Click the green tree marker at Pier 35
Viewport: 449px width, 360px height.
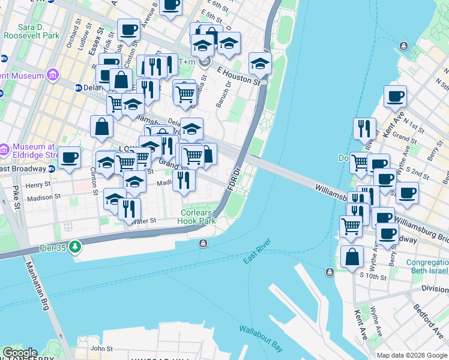click(x=74, y=247)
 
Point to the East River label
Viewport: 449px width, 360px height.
click(x=258, y=252)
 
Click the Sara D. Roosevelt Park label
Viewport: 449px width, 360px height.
click(x=38, y=32)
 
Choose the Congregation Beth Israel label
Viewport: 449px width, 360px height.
click(x=427, y=268)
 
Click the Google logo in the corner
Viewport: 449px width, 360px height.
click(x=19, y=353)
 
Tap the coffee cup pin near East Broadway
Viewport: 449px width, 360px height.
click(x=69, y=158)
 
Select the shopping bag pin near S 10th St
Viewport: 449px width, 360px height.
click(x=352, y=257)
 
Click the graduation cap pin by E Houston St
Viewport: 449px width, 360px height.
click(x=260, y=63)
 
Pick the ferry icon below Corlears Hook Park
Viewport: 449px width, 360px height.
click(x=203, y=243)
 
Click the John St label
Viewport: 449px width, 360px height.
click(x=97, y=348)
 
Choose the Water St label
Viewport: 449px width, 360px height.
click(x=144, y=221)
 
